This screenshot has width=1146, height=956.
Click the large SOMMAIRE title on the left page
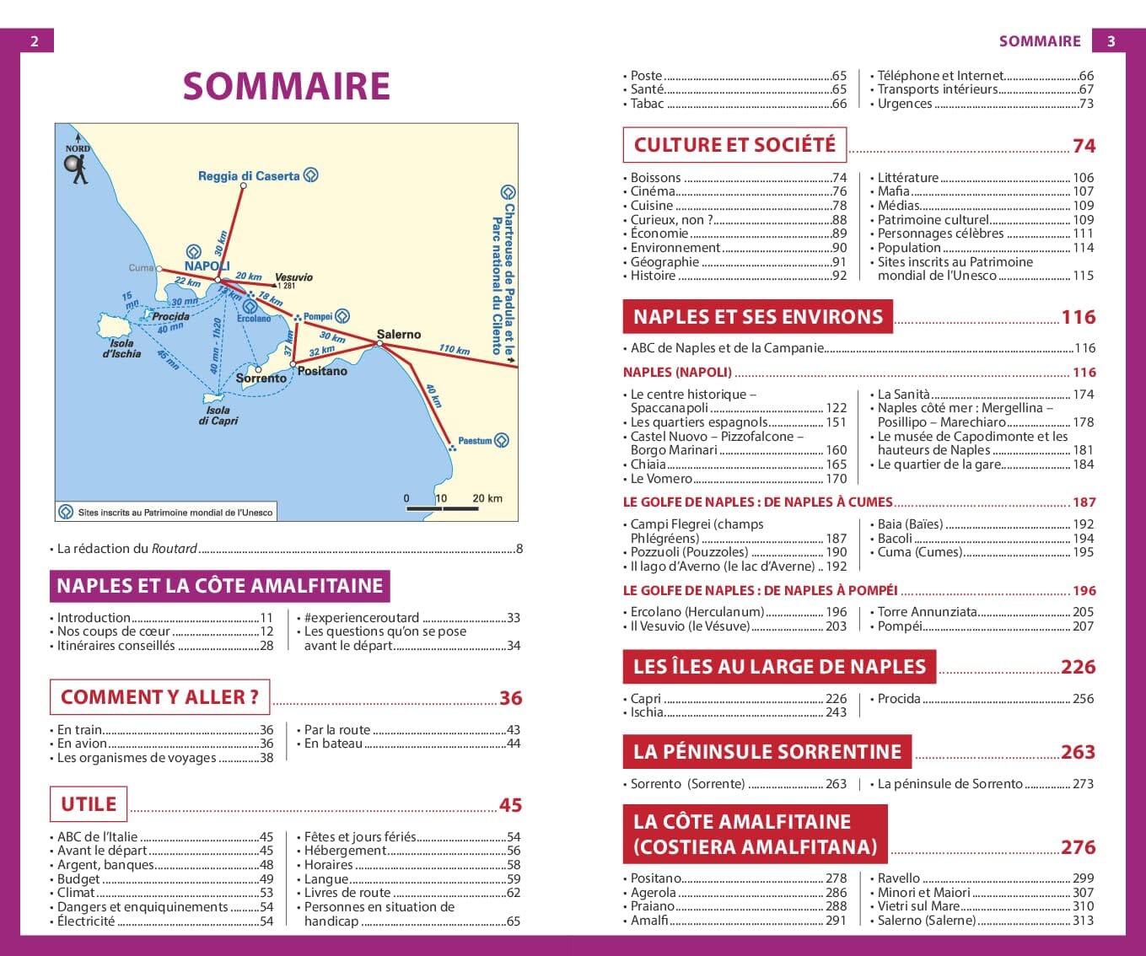tap(286, 86)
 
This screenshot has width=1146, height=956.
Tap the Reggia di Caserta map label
tap(249, 176)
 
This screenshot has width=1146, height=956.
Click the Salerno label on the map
tap(399, 335)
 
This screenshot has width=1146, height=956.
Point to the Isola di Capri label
tap(218, 415)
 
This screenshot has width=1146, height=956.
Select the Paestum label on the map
tap(475, 441)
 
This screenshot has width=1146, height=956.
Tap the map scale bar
tap(442, 508)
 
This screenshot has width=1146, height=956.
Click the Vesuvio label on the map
tap(293, 277)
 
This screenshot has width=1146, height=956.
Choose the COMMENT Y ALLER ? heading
tap(159, 697)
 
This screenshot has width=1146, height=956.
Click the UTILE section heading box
tap(89, 804)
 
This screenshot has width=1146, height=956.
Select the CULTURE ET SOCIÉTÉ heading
tap(734, 145)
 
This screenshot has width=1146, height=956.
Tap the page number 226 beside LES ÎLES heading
tap(1078, 667)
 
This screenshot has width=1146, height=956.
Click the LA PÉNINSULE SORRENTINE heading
tap(767, 752)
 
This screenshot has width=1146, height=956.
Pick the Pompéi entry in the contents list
tap(900, 626)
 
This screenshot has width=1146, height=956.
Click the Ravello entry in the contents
tap(899, 878)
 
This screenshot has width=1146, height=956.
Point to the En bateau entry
tap(333, 744)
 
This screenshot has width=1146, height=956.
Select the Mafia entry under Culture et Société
tap(893, 191)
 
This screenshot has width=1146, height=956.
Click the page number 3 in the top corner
tap(1111, 41)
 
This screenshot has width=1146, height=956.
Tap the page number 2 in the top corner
tap(35, 41)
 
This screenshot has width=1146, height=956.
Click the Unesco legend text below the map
tap(175, 513)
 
